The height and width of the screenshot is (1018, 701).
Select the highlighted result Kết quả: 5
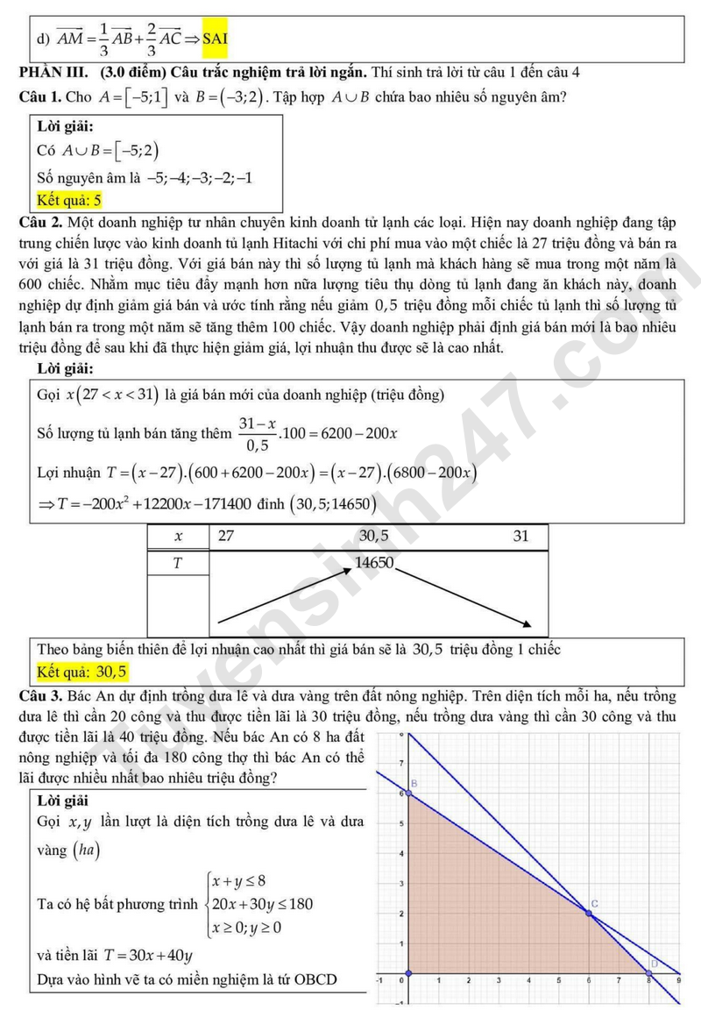pos(70,200)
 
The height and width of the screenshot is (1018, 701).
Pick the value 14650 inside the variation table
pos(374,563)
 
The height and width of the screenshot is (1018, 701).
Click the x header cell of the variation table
pos(179,536)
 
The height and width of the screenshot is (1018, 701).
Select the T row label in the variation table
pos(179,563)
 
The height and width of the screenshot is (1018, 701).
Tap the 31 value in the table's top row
pos(521,536)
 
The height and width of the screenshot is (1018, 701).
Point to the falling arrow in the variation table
pos(464,596)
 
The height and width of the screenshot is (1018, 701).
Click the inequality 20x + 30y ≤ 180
pos(263,904)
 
